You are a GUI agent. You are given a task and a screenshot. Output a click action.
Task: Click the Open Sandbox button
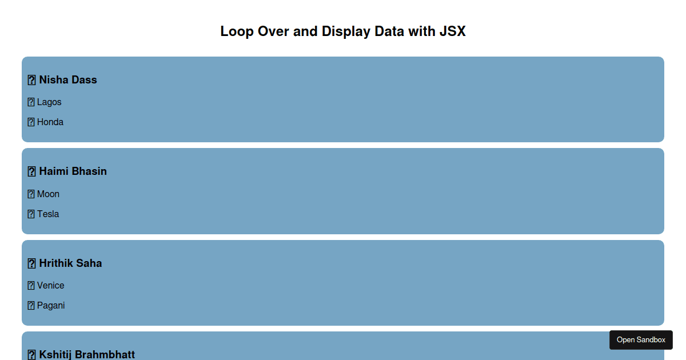click(x=641, y=340)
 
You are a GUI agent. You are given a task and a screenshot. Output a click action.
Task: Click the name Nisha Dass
click(x=68, y=80)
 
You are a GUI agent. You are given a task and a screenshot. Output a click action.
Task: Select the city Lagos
click(x=49, y=102)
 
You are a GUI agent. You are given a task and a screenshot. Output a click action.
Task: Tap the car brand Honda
click(x=50, y=122)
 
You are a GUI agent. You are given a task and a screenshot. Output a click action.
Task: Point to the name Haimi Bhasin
click(x=73, y=171)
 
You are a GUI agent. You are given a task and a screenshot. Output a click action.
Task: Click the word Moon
click(x=48, y=194)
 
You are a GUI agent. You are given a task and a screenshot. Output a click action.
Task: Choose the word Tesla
click(x=48, y=214)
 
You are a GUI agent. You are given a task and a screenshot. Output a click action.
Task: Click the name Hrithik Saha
click(x=70, y=263)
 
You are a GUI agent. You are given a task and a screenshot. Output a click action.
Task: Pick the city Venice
click(x=50, y=286)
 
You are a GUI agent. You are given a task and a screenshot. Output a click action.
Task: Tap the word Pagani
click(x=51, y=306)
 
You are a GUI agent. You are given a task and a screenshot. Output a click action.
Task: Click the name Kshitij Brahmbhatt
click(x=87, y=355)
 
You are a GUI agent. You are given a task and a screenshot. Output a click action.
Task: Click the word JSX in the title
click(x=453, y=31)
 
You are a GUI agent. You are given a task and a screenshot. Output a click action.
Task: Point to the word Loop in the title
click(x=237, y=31)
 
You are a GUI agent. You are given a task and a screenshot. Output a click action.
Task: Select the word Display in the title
click(x=346, y=31)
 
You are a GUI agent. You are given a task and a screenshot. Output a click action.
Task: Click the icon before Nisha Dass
click(x=31, y=80)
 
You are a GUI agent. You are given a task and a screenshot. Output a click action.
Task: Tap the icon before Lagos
click(x=31, y=102)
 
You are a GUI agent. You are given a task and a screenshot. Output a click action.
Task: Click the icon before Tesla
click(x=31, y=214)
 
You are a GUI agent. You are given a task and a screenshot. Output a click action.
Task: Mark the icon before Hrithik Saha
click(x=31, y=263)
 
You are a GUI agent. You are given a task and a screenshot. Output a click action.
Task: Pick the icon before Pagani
click(x=31, y=306)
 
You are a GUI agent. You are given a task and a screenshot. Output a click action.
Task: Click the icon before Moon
click(x=31, y=194)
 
